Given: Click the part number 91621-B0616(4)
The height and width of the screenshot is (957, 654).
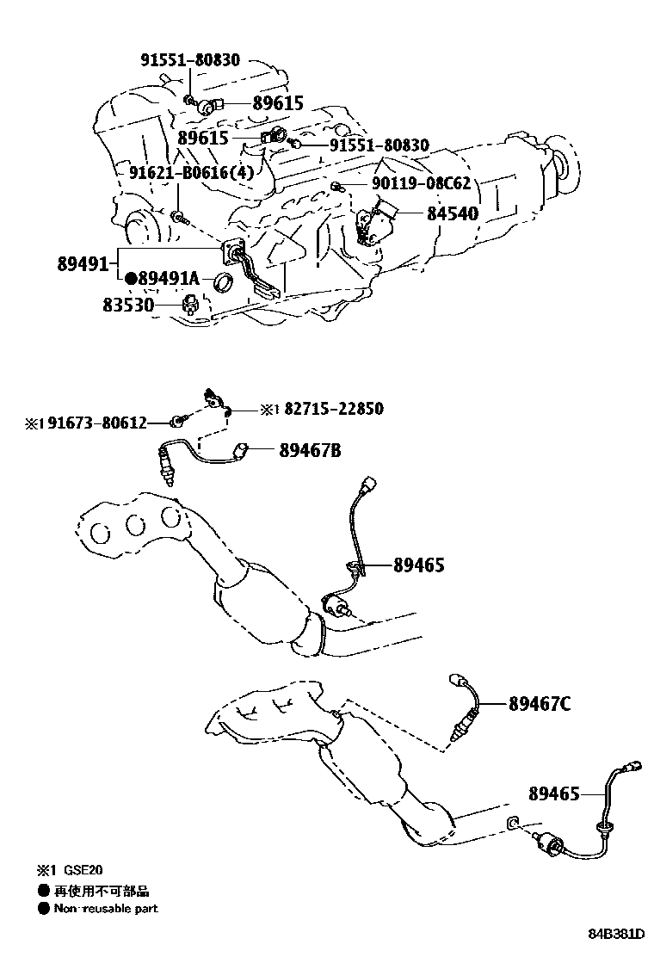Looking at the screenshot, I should point(192,173).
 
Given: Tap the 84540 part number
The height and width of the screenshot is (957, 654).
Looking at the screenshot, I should point(452,213).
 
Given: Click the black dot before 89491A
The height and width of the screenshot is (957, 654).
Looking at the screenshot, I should point(131,279).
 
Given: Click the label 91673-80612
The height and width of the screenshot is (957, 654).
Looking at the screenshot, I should point(96,423).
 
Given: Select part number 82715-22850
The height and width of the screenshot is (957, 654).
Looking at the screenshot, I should point(333,409).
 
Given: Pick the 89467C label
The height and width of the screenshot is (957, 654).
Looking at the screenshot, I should point(539,704).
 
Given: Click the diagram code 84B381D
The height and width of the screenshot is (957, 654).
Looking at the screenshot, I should point(616,934).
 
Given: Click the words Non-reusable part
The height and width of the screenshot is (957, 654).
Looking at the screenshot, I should point(106,909).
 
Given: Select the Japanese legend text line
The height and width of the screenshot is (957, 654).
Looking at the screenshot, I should point(95,892).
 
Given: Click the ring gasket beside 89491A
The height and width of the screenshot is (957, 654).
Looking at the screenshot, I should point(224,281).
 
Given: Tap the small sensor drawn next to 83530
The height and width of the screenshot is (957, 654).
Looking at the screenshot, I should point(189,304).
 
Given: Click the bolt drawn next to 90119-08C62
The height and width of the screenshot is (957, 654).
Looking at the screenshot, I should point(337,187).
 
